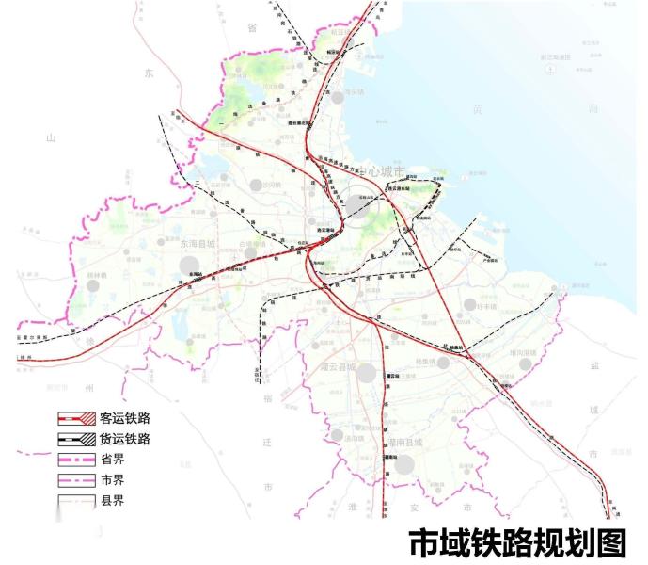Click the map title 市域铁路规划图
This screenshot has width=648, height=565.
click(516, 543)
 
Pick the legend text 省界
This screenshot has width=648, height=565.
click(113, 460)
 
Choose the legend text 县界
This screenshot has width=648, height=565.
click(113, 501)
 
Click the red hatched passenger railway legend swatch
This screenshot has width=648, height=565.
click(75, 418)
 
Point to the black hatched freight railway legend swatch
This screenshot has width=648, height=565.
click(75, 439)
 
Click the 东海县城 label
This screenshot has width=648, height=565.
click(198, 244)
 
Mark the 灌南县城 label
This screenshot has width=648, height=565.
click(405, 442)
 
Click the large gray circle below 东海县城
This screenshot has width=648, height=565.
click(189, 265)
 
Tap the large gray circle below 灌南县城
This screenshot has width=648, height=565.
click(404, 464)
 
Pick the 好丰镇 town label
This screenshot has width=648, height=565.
click(486, 304)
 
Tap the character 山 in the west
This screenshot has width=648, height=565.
click(51, 138)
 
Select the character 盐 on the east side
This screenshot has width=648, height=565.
click(593, 370)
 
